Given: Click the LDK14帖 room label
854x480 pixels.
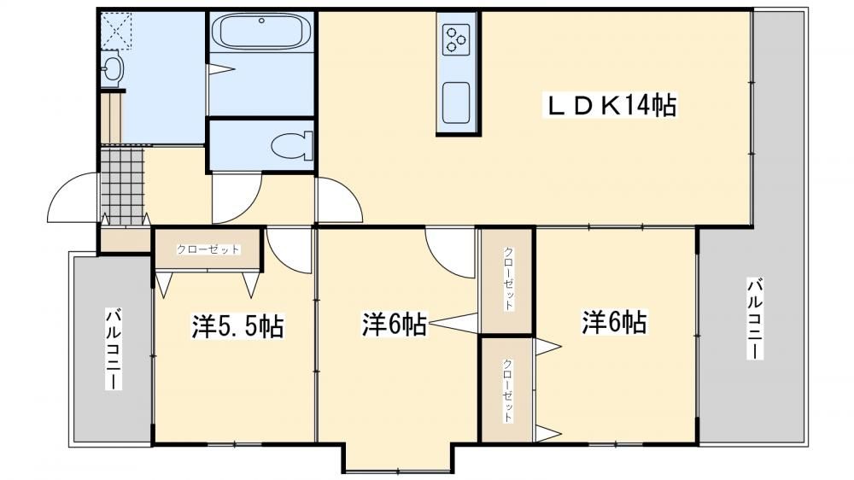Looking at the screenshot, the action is (612, 106).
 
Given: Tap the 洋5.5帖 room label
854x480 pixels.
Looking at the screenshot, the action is (237, 326).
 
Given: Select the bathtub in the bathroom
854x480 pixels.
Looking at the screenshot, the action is (261, 32).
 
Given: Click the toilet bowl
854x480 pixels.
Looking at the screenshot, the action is (292, 145).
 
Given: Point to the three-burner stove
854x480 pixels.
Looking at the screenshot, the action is (456, 40).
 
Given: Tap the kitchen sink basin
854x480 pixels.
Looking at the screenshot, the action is (456, 103).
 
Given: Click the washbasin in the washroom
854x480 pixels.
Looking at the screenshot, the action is (112, 68).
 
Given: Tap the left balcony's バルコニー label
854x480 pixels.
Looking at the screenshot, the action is (114, 349).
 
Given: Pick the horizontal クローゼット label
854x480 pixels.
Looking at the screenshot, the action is (208, 249).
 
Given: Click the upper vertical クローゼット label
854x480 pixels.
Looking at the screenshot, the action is (507, 278).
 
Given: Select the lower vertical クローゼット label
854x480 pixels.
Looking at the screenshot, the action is (507, 390).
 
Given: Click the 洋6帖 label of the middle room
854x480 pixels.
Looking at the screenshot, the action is (395, 325).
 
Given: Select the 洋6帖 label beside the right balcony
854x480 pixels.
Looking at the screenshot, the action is (614, 322).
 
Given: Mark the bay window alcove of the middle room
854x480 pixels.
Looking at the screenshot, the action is (397, 458).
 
